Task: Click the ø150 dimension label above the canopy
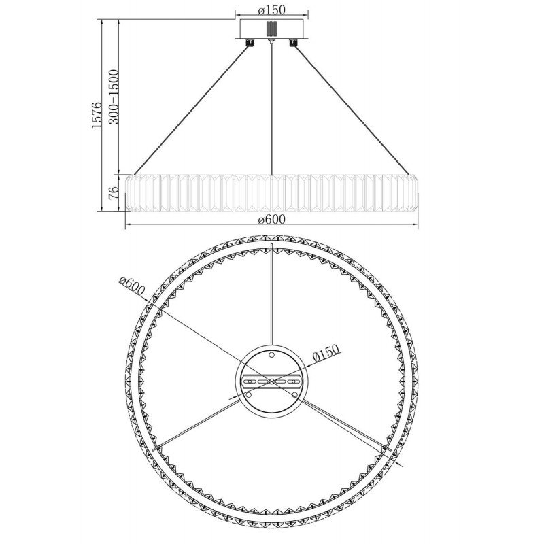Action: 271,10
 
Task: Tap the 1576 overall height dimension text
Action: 97,115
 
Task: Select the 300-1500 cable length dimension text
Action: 114,97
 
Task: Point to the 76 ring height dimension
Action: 114,192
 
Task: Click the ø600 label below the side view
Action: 271,219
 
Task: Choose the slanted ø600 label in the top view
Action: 131,286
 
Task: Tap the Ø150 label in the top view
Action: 326,354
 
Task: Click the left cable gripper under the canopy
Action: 250,43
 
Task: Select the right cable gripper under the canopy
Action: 294,43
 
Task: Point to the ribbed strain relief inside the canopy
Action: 271,29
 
